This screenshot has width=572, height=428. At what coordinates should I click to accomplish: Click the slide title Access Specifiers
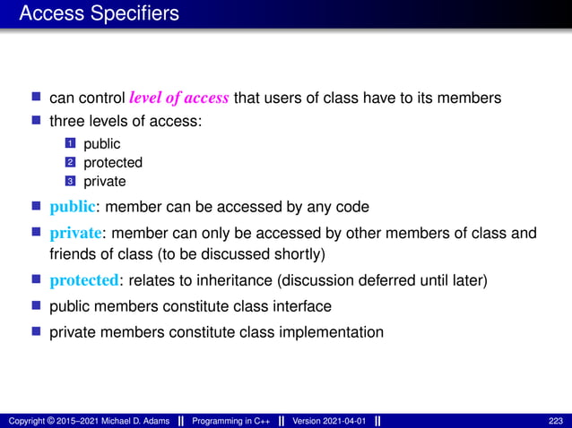click(x=99, y=13)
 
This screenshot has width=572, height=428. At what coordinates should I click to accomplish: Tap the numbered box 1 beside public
click(x=71, y=143)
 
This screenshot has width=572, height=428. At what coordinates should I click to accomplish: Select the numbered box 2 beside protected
click(x=71, y=163)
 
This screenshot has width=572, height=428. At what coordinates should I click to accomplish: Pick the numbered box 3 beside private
click(x=71, y=182)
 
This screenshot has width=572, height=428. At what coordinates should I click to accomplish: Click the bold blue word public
click(x=72, y=208)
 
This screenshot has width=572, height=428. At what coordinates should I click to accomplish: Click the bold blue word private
click(x=74, y=234)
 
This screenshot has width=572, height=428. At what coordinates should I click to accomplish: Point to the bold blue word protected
click(x=84, y=280)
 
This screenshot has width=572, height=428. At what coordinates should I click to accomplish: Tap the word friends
click(x=72, y=253)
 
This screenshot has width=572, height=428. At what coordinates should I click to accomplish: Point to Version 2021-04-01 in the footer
click(x=329, y=421)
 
